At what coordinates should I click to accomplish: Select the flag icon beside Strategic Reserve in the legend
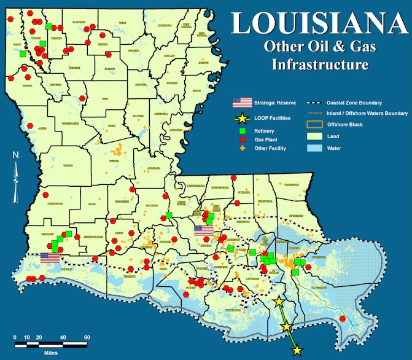[x=242, y=103]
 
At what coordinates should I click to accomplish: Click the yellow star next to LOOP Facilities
[x=242, y=117]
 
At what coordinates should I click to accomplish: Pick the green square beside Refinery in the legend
[x=242, y=131]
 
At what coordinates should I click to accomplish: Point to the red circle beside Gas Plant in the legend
[x=242, y=139]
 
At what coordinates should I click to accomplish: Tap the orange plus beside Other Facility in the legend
[x=242, y=148]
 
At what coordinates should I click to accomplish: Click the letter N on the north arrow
[x=17, y=155]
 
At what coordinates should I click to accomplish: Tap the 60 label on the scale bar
[x=87, y=337]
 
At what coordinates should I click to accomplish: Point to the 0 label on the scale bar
[x=15, y=337]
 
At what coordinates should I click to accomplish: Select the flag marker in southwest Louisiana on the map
[x=51, y=258]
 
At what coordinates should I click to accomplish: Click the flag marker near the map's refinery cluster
[x=203, y=230]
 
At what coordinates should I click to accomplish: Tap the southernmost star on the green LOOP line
[x=297, y=350]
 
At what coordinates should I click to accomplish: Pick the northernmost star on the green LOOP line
[x=279, y=302]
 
